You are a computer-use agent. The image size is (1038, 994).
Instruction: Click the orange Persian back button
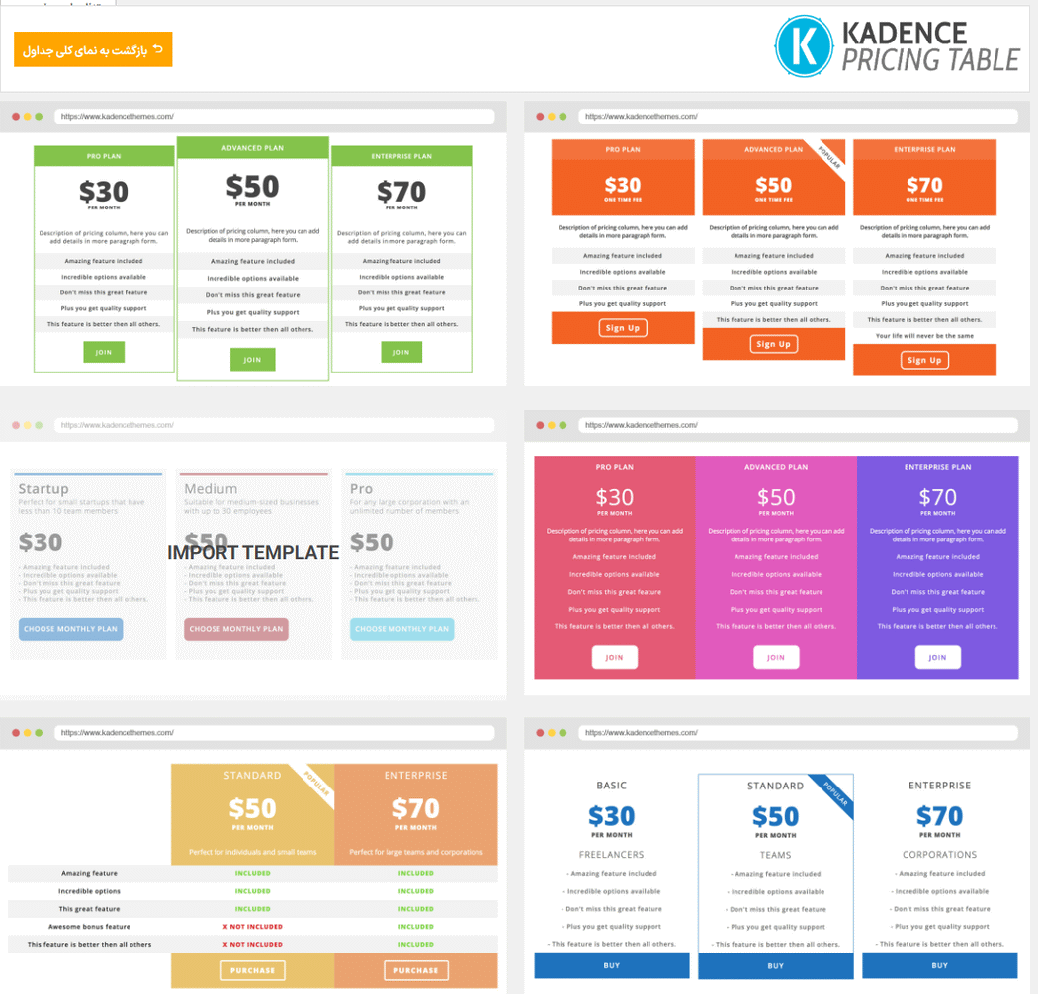(x=93, y=49)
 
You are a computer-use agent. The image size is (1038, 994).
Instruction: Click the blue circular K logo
(x=805, y=45)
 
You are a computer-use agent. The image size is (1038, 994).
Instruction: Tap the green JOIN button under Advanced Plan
(x=252, y=359)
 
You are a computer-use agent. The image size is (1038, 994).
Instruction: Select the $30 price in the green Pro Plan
(x=104, y=191)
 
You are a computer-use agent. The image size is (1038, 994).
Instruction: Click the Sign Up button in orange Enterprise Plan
(x=924, y=360)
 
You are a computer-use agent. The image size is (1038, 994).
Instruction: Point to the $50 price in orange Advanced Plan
(x=773, y=185)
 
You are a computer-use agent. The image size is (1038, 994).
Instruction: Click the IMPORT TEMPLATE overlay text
(x=253, y=552)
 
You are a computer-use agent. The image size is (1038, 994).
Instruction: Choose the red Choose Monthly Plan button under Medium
(x=236, y=628)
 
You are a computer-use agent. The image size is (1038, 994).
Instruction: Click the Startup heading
(x=43, y=488)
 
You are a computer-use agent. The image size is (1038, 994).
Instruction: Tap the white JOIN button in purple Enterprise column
(x=937, y=657)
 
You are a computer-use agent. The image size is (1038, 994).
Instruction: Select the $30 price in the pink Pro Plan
(x=614, y=497)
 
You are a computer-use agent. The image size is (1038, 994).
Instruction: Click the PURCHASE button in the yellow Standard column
(x=252, y=970)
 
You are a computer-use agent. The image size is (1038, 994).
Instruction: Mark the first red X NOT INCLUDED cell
(x=252, y=927)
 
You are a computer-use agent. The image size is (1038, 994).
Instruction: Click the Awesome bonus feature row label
(x=89, y=927)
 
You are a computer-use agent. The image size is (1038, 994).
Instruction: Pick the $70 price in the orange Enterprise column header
(x=415, y=808)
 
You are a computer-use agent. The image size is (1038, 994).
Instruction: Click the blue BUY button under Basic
(x=611, y=965)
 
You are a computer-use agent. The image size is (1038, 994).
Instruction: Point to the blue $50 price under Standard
(x=775, y=817)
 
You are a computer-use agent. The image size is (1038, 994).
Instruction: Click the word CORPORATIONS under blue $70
(x=939, y=854)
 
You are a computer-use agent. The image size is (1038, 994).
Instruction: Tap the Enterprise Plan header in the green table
(x=401, y=156)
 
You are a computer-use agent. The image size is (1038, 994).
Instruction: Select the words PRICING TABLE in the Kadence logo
(x=930, y=60)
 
